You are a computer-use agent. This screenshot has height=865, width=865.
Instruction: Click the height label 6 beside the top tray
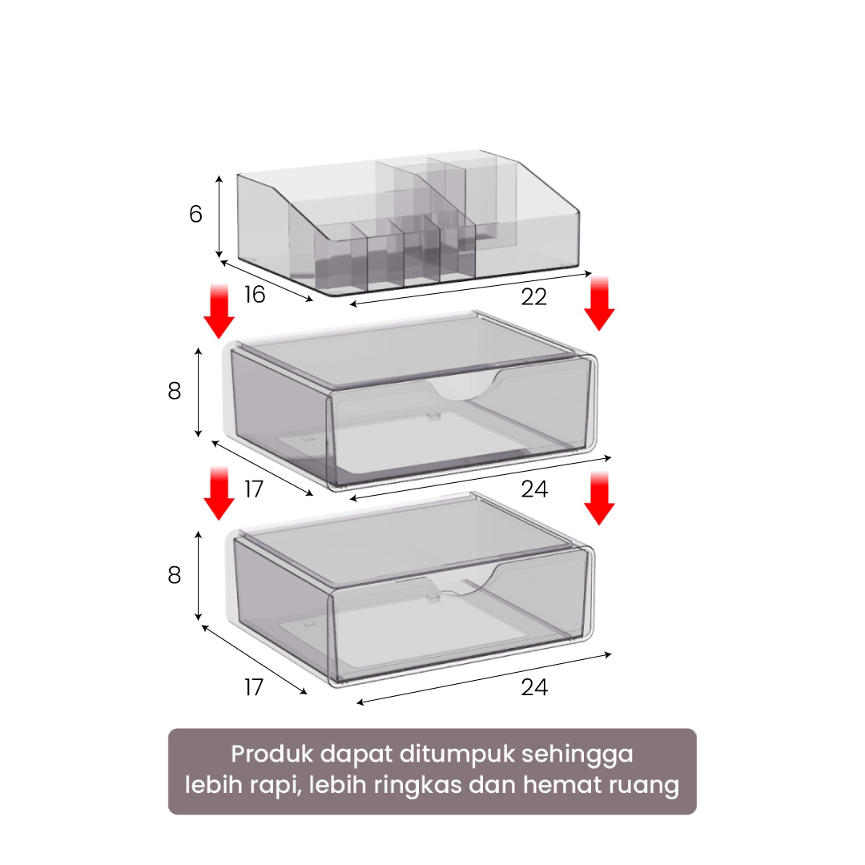tap(196, 214)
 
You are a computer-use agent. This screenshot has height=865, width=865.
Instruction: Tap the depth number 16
tap(255, 295)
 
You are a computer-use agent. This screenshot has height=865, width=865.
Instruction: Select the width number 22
tap(534, 297)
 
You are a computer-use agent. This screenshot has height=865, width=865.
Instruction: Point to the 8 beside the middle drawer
tap(175, 391)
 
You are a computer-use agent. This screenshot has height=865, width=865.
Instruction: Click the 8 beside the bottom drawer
tap(175, 575)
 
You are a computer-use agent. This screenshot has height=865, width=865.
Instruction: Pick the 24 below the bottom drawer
tap(534, 687)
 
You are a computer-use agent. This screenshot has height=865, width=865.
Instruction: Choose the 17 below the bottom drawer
tap(254, 687)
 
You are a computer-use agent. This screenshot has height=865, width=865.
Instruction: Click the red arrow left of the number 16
tap(219, 311)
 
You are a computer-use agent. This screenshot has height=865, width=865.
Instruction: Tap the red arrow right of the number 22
tap(599, 304)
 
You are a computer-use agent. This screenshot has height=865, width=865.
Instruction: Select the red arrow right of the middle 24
tap(599, 498)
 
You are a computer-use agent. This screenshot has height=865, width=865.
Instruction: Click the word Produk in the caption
tap(272, 754)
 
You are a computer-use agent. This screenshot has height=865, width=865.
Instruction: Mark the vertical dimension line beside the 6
tap(219, 217)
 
